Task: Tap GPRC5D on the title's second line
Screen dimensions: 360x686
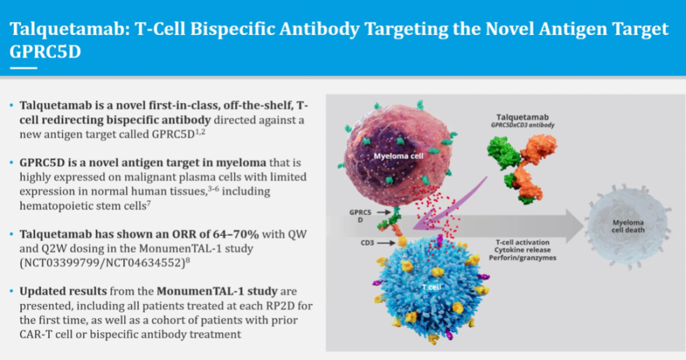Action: (48, 52)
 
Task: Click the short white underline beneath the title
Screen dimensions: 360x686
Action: (23, 68)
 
